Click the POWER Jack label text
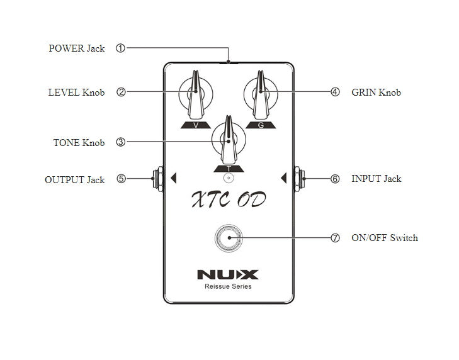(77, 48)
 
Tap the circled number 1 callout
(120, 48)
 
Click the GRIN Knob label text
(376, 92)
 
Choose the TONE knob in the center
(228, 140)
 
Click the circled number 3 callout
(120, 142)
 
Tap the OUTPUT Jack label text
(74, 179)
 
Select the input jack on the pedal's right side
(299, 178)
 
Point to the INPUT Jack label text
(376, 179)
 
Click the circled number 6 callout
(335, 179)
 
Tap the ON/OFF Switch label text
(384, 238)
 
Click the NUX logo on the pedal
(227, 274)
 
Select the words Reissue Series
(228, 286)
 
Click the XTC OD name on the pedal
(228, 200)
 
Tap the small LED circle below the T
(228, 178)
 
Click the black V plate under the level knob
(196, 125)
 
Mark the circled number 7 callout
(335, 238)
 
